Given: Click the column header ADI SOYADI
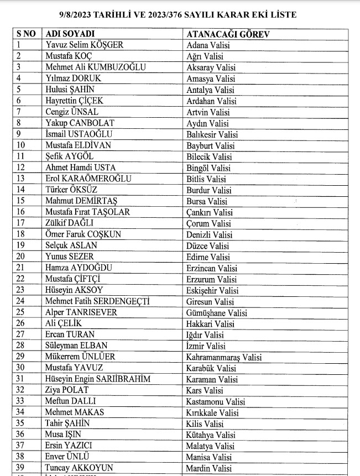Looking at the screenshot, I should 70,34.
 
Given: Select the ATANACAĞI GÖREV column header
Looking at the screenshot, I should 228,34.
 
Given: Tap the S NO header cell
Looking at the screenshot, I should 25,34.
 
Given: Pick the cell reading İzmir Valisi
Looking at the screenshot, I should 206,346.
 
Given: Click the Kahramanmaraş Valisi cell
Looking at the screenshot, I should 224,357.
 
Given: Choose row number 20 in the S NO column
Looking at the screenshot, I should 21,257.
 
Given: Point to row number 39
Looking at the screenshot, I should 21,468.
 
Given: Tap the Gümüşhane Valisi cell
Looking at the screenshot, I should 217,312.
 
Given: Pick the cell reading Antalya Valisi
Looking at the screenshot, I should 211,90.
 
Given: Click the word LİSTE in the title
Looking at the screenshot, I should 280,15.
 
